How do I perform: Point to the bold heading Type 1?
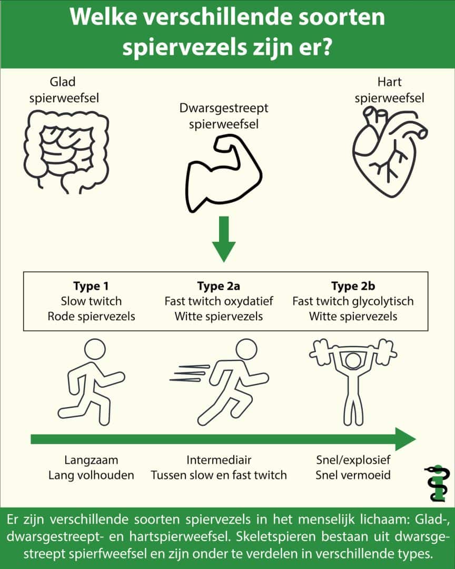pyautogui.click(x=91, y=286)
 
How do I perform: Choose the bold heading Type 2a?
pyautogui.click(x=219, y=286)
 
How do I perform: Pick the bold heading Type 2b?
pyautogui.click(x=353, y=286)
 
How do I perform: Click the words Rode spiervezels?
pyautogui.click(x=91, y=317)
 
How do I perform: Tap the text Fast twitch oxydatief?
pyautogui.click(x=219, y=301)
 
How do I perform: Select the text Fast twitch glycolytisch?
pyautogui.click(x=353, y=301)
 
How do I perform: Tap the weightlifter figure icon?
pyautogui.click(x=352, y=379)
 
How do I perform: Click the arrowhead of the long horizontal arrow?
pyautogui.click(x=405, y=439)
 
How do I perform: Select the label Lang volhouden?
pyautogui.click(x=91, y=475)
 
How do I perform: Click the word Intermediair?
pyautogui.click(x=219, y=459)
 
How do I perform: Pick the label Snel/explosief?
pyautogui.click(x=352, y=459)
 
